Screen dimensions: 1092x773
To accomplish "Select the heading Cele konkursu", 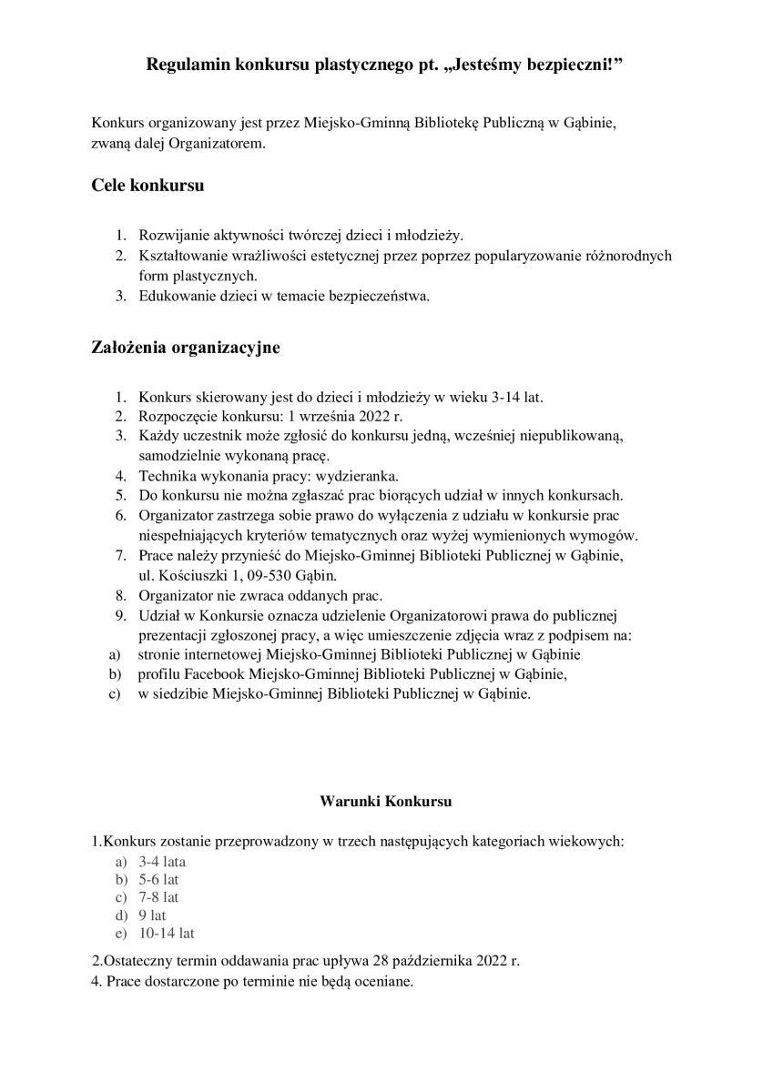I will (x=147, y=186).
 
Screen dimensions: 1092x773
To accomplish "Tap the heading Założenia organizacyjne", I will (x=186, y=348).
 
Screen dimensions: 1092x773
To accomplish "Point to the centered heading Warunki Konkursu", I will (x=386, y=802).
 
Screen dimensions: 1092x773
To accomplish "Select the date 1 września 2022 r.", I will (x=344, y=416).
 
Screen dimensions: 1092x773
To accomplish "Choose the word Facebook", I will (x=216, y=673).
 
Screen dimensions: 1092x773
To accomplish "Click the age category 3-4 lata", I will (x=163, y=861).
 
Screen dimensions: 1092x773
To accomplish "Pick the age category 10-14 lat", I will (x=167, y=933).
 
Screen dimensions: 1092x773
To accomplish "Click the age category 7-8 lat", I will (x=158, y=896).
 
